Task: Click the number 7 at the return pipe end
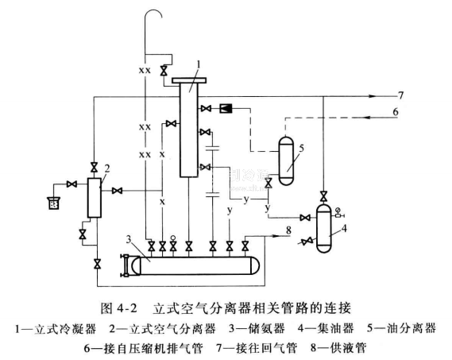(x=400, y=95)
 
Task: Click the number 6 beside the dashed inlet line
(x=396, y=111)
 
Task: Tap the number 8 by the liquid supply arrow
(x=288, y=230)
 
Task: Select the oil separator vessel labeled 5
(x=286, y=161)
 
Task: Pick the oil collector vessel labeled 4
(x=324, y=228)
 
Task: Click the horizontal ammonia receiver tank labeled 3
(x=195, y=265)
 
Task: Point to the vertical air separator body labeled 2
(x=95, y=198)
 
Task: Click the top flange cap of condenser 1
(x=189, y=80)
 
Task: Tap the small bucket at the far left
(x=53, y=203)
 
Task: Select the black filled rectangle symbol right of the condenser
(x=226, y=108)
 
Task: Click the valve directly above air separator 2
(x=94, y=168)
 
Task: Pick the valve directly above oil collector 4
(x=324, y=196)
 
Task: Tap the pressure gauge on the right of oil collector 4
(x=339, y=213)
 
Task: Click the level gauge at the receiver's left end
(x=126, y=265)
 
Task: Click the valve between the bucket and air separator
(x=71, y=184)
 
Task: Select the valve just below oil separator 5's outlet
(x=268, y=183)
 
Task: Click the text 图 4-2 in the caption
(x=119, y=308)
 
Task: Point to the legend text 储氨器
(x=267, y=328)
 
